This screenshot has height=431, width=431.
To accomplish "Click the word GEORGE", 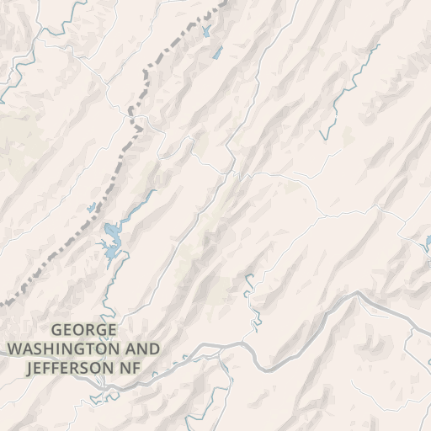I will [84, 331].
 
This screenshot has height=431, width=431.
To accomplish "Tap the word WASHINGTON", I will [57, 349].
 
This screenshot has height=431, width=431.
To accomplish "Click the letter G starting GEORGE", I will [56, 331].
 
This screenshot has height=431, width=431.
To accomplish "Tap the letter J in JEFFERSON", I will [30, 368].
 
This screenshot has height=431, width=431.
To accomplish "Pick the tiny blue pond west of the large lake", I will [91, 207].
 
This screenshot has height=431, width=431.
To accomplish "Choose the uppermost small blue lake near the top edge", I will [207, 32].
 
